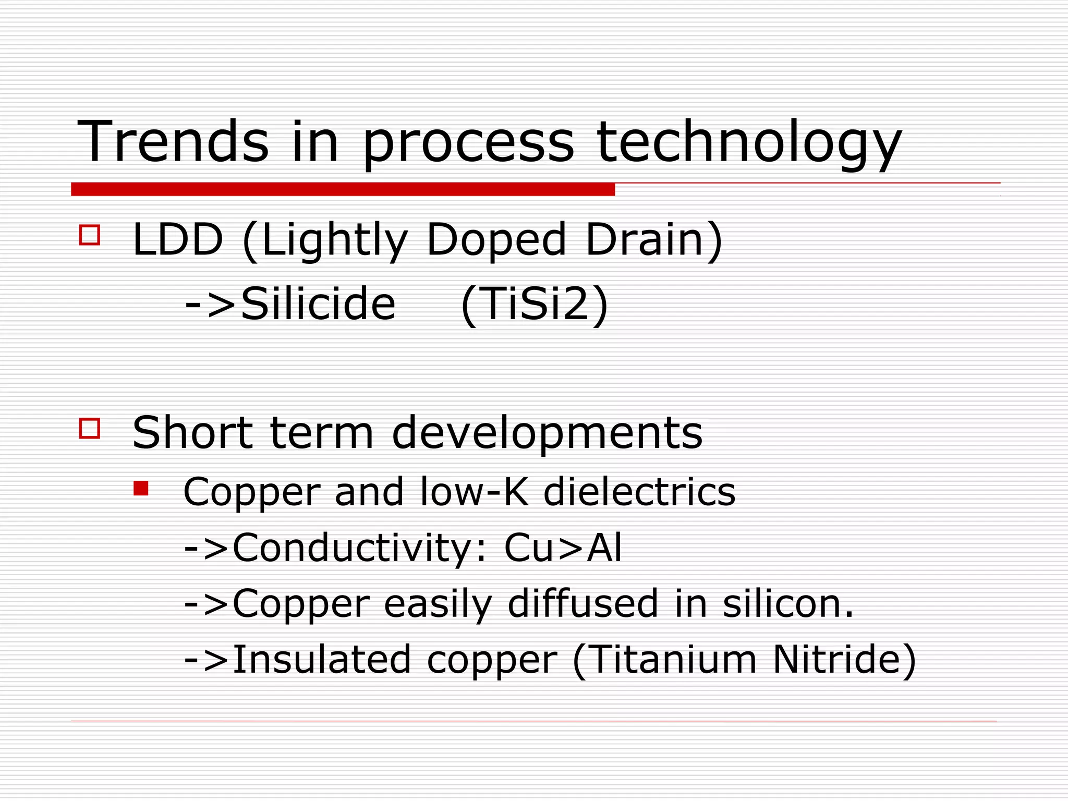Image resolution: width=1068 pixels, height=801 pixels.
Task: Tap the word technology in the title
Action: click(749, 142)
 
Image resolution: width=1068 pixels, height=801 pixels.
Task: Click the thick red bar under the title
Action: click(343, 189)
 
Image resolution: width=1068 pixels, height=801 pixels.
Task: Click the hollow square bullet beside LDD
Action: click(90, 235)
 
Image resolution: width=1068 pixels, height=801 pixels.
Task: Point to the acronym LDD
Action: click(178, 240)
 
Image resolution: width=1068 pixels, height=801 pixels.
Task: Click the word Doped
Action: click(496, 240)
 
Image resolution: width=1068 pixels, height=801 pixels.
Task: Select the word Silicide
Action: click(318, 304)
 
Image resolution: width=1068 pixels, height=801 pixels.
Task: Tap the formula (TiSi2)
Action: click(535, 304)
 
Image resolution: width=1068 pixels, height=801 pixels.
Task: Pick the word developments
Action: click(547, 433)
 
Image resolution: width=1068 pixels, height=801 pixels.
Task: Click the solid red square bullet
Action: click(141, 489)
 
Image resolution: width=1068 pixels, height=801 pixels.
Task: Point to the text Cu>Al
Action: click(563, 548)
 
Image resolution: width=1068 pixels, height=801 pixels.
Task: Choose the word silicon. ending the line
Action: click(788, 604)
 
